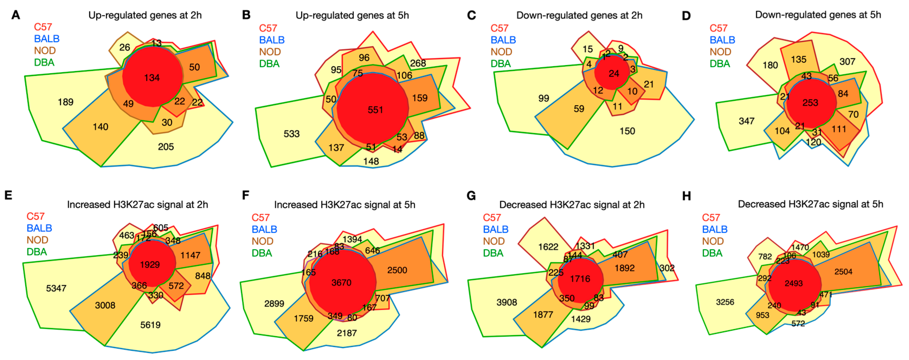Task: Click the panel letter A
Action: [15, 15]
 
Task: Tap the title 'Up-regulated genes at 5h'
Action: [352, 15]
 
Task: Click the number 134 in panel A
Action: [152, 78]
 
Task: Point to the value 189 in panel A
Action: [66, 102]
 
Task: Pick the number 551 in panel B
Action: [375, 110]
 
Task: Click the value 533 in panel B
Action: [291, 134]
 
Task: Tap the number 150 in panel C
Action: [627, 131]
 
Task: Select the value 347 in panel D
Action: [746, 121]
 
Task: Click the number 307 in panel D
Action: [847, 62]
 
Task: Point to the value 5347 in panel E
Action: [56, 288]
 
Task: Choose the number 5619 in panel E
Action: [150, 325]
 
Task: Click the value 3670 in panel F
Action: [341, 282]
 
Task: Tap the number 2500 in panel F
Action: [397, 270]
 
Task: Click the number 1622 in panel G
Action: [548, 247]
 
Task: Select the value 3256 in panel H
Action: [725, 302]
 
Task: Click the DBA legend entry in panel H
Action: [712, 253]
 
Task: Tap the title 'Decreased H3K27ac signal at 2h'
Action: [572, 205]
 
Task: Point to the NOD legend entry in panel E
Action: [37, 240]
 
